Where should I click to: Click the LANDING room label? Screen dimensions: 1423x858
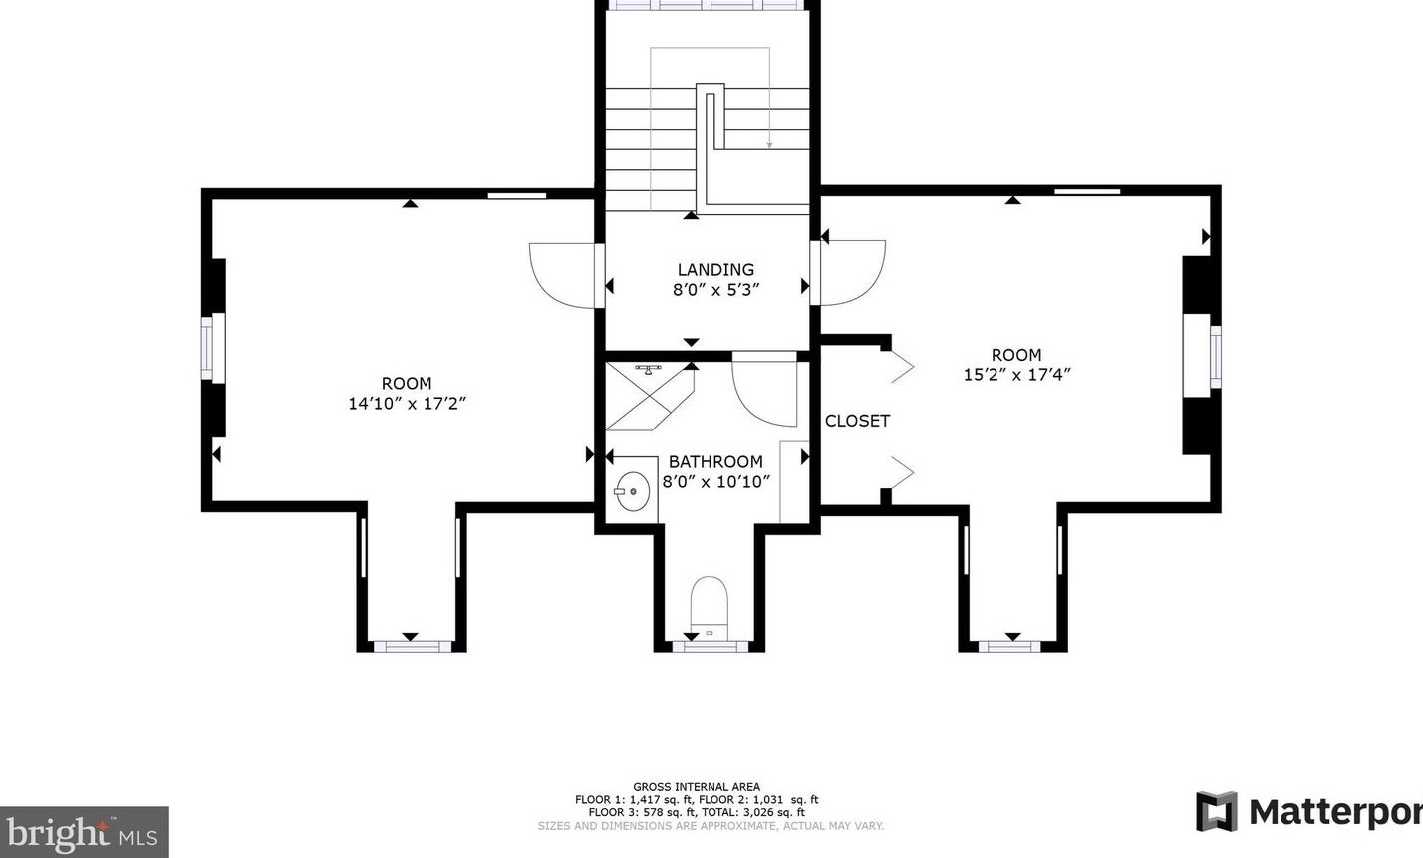click(715, 270)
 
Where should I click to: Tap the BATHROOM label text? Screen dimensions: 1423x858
click(715, 461)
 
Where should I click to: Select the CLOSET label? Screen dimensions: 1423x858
click(857, 421)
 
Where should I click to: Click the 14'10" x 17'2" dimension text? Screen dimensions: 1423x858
click(408, 404)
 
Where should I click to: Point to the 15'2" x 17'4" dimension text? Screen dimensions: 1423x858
click(1017, 375)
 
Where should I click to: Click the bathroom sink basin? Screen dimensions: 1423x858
click(632, 491)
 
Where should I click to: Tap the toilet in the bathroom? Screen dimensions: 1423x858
click(709, 608)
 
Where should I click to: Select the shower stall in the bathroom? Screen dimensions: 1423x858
click(650, 397)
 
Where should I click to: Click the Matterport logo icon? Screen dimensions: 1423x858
click(1217, 811)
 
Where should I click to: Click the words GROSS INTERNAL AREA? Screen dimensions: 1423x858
click(697, 787)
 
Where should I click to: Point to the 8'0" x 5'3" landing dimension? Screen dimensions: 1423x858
click(715, 290)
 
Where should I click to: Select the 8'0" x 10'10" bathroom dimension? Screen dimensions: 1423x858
click(715, 482)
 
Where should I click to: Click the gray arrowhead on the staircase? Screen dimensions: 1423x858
click(769, 145)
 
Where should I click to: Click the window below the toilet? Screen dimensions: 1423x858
click(710, 647)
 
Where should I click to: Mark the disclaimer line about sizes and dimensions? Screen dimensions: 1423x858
click(711, 826)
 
